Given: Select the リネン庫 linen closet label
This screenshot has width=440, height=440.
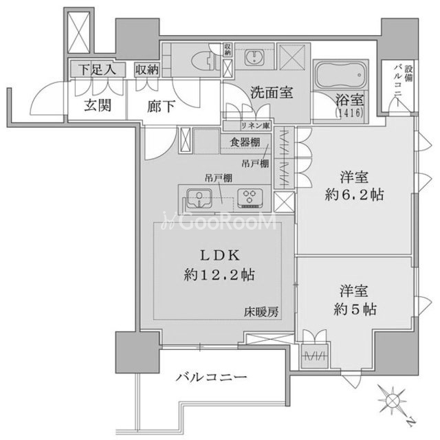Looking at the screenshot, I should click(x=255, y=125).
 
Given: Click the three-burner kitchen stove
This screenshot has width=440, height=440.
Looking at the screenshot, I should click(x=252, y=198).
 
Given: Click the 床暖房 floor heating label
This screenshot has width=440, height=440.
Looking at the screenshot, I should click(x=262, y=311).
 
